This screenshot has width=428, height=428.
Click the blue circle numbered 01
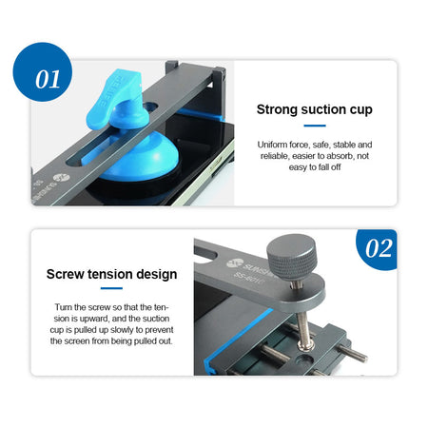pos(43,72)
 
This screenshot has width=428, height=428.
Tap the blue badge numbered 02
pos(378,249)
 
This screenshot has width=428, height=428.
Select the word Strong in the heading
pos(278,109)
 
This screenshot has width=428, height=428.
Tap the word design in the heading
pos(157,275)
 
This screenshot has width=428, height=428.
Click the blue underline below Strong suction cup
pos(315,126)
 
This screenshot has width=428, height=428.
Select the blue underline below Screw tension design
pos(111,288)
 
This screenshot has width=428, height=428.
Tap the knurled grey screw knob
pos(291,256)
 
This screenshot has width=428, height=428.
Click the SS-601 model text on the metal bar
pos(248,278)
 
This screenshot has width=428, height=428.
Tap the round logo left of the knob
pos(235,263)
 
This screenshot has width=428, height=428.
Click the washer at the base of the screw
pos(306,345)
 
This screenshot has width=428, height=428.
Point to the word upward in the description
pos(94,319)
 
